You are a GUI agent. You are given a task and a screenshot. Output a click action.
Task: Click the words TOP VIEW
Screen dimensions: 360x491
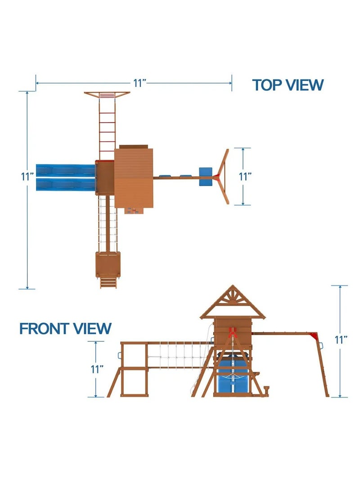click(x=288, y=85)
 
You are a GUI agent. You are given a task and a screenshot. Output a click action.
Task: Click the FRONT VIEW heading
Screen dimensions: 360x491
click(x=66, y=329)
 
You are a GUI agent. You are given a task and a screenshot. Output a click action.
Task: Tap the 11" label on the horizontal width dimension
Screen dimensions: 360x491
click(x=140, y=83)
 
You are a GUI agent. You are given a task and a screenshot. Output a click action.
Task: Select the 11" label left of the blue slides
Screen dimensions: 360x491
click(x=27, y=177)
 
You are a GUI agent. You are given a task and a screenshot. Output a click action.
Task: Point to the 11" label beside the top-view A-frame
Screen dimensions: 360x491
click(x=245, y=177)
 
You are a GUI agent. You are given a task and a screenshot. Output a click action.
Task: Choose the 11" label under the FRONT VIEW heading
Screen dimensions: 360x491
click(x=97, y=369)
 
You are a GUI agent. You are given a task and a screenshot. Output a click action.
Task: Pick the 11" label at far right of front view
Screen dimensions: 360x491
click(x=341, y=340)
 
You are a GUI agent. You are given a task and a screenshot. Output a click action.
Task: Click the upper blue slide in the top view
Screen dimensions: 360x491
click(x=66, y=171)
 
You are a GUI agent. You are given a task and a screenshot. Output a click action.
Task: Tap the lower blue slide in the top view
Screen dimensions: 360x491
click(x=66, y=184)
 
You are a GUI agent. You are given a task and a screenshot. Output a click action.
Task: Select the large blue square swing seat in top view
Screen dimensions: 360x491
click(x=206, y=177)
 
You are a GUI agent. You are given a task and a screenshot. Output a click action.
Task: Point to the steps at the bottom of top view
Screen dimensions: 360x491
click(x=108, y=282)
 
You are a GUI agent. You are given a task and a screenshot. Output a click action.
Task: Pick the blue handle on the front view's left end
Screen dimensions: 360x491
click(x=119, y=356)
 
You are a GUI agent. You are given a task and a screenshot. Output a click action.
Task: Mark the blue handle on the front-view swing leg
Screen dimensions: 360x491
click(x=321, y=345)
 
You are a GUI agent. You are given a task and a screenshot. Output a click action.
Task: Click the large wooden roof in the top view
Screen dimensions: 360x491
click(x=134, y=178)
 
